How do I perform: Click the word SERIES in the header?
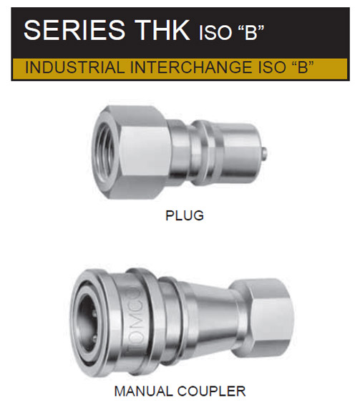pyautogui.click(x=74, y=30)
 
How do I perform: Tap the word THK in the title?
pyautogui.click(x=162, y=30)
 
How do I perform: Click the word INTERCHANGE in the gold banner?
pyautogui.click(x=191, y=67)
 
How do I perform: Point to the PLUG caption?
pyautogui.click(x=185, y=215)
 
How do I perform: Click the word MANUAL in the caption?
pyautogui.click(x=143, y=391)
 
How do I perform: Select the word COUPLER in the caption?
pyautogui.click(x=211, y=391)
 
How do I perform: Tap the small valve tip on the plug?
pyautogui.click(x=264, y=153)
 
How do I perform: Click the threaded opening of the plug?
pyautogui.click(x=105, y=152)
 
